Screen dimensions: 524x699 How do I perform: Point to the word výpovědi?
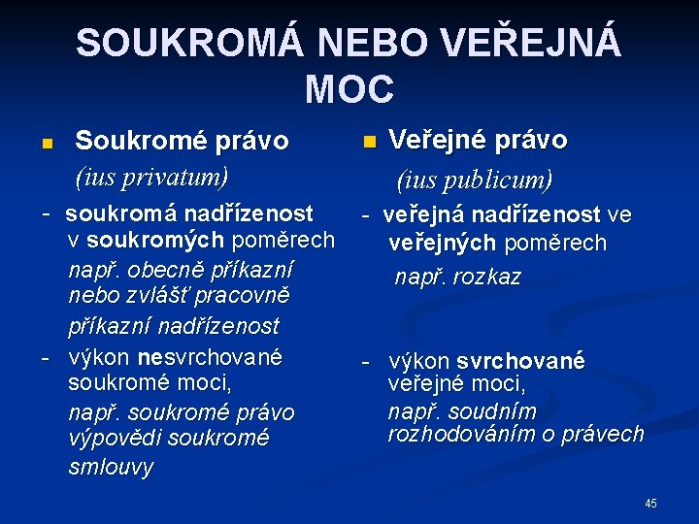115,439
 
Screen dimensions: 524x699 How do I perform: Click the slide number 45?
650,503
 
